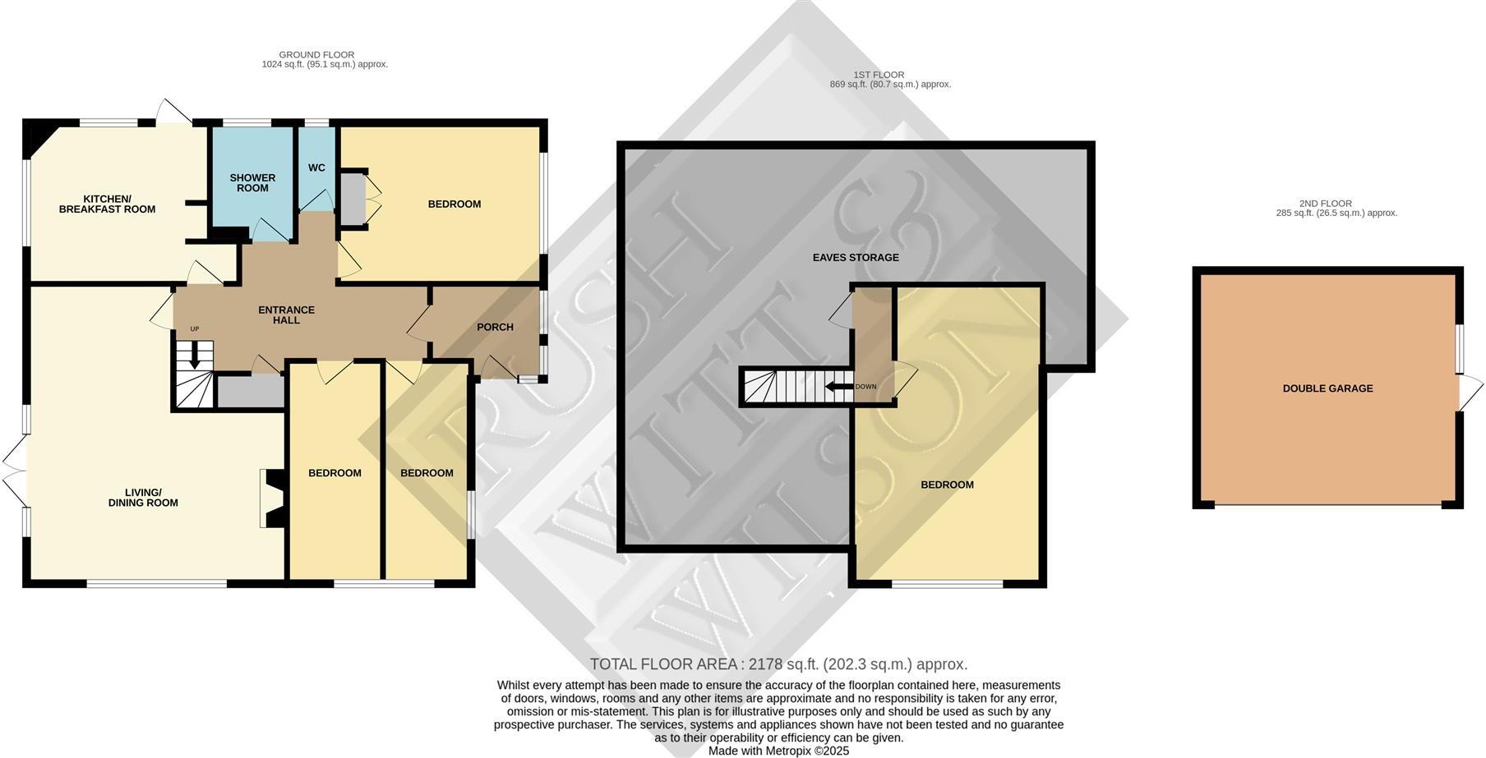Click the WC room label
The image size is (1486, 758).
click(316, 168)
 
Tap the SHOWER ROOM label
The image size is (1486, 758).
click(252, 182)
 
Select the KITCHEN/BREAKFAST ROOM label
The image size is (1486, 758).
click(107, 204)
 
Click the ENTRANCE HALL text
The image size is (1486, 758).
click(286, 315)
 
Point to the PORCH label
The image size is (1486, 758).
click(495, 327)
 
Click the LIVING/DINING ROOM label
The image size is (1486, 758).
click(143, 498)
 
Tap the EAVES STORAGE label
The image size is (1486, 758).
click(856, 257)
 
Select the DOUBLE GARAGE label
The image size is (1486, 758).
click(1327, 388)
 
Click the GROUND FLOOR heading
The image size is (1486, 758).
click(316, 55)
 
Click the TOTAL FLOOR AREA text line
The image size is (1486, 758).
click(778, 664)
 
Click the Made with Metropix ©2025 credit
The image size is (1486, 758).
click(778, 751)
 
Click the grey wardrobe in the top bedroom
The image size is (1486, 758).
click(353, 197)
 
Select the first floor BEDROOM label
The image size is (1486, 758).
click(947, 485)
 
